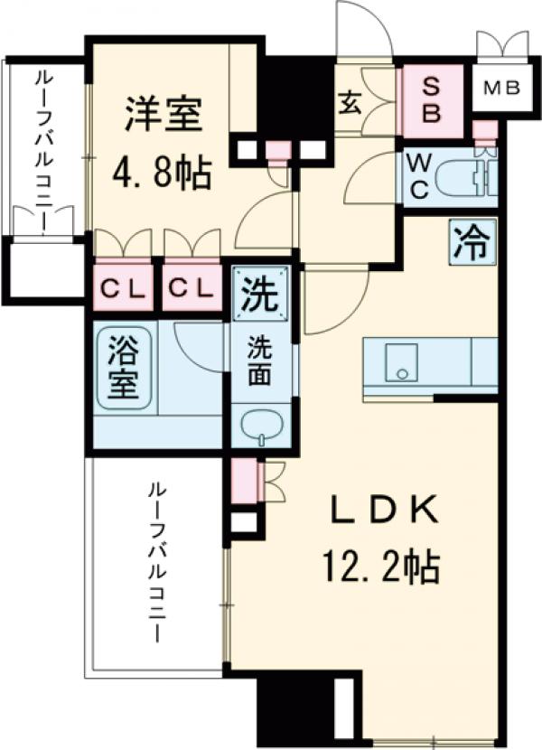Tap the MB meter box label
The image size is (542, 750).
coord(500,89)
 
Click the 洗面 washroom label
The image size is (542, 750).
coord(262,361)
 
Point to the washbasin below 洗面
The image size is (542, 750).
coord(261,424)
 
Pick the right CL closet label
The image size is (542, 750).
coord(192,289)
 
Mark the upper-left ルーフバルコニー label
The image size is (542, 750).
coord(42,145)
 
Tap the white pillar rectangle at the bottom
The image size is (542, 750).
coord(342,705)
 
